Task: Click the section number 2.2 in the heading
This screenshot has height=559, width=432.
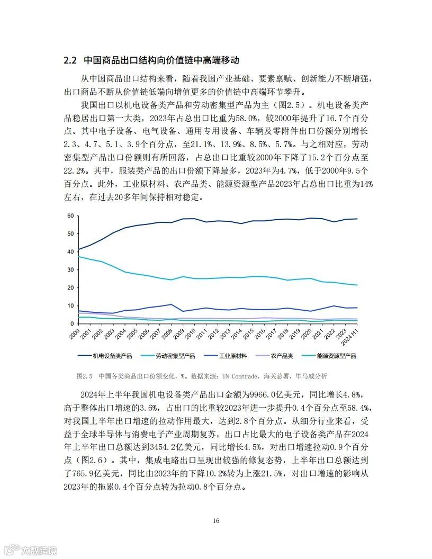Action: click(x=70, y=60)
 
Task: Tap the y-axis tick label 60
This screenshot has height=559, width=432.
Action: click(x=70, y=216)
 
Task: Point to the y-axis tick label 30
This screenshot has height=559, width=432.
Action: click(x=70, y=270)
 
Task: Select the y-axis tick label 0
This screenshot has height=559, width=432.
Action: click(x=71, y=323)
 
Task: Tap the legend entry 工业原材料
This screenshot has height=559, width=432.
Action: click(x=232, y=356)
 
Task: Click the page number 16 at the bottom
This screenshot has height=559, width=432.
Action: click(x=216, y=521)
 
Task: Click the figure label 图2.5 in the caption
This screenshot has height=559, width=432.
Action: click(x=85, y=376)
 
